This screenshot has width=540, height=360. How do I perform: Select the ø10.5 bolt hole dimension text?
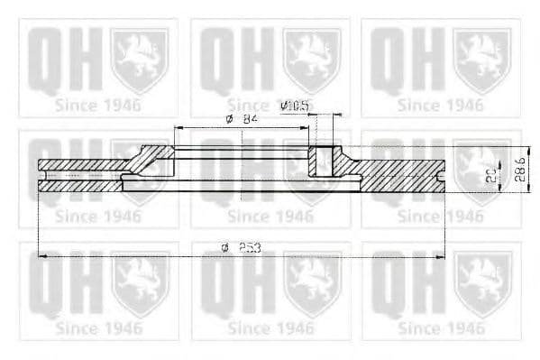[x=296, y=106]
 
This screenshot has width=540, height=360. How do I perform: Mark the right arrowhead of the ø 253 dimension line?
[x=445, y=256]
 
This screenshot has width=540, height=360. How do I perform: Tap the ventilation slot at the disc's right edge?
[x=441, y=175]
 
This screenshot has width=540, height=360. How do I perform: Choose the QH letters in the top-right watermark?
[x=406, y=60]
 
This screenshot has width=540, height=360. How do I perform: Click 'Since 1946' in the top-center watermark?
[x=270, y=105]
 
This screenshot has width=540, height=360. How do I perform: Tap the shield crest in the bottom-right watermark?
[x=482, y=283]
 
